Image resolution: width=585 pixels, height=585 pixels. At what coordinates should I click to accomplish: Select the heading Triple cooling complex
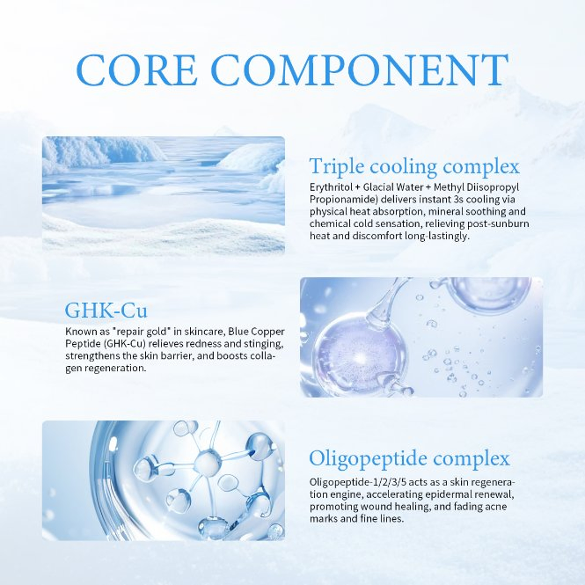click(414, 166)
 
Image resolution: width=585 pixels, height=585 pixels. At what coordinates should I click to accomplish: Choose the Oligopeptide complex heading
click(409, 458)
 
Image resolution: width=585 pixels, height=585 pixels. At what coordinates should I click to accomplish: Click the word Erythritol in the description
click(333, 188)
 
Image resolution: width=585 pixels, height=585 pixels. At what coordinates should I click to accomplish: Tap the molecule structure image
click(163, 479)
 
